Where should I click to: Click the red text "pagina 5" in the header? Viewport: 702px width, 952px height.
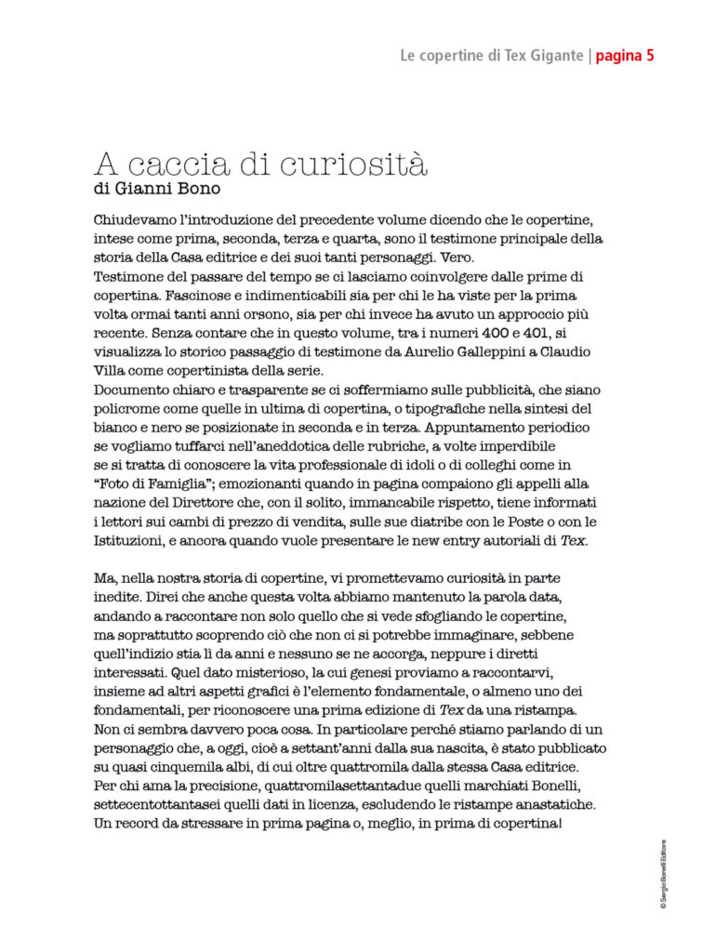(626, 56)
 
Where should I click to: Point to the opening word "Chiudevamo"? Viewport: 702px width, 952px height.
(140, 221)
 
